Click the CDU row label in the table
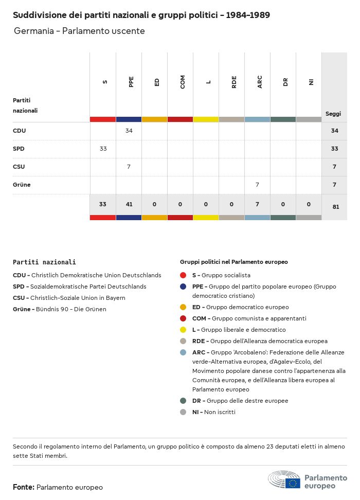click(x=20, y=131)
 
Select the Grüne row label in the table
click(x=22, y=185)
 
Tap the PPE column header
click(x=131, y=82)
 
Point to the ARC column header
click(x=260, y=82)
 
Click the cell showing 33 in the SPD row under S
click(x=103, y=149)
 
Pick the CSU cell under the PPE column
click(x=129, y=167)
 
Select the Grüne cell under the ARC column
click(x=257, y=185)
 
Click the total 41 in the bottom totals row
click(x=129, y=204)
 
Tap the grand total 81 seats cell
click(x=335, y=207)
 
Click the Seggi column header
click(x=333, y=114)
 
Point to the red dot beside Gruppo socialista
click(x=183, y=275)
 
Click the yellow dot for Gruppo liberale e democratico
click(x=183, y=330)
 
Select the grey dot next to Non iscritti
click(x=183, y=412)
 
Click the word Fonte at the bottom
click(x=23, y=487)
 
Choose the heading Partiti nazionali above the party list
click(x=44, y=262)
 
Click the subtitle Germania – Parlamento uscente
click(x=79, y=31)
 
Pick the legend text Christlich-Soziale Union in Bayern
click(x=78, y=298)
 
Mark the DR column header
click(x=285, y=82)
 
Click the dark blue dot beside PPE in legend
click(x=183, y=287)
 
